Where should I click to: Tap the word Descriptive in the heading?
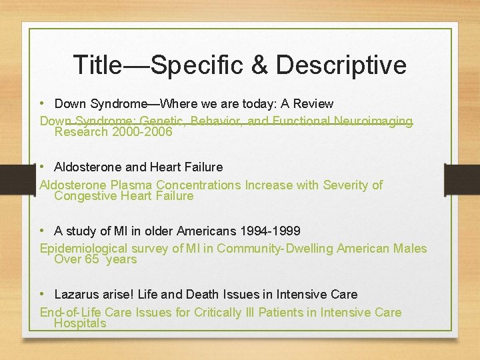341,65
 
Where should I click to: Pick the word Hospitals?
80,323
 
